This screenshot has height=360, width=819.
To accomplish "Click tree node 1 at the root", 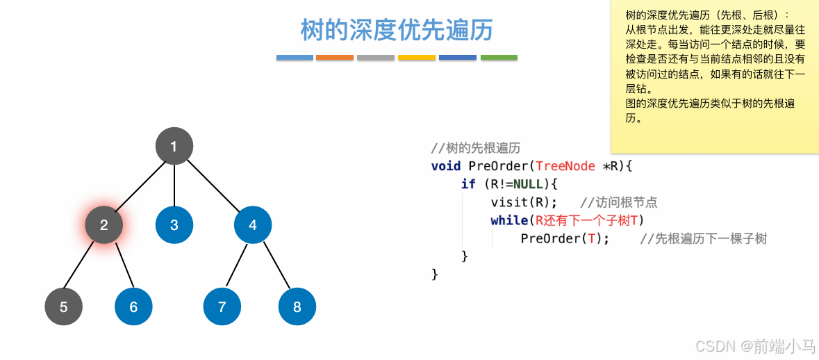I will tap(174, 146).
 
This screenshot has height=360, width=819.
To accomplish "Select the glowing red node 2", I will tap(104, 224).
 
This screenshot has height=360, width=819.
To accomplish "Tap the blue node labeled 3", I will tap(174, 224).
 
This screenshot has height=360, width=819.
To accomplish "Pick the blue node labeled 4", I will tap(253, 224).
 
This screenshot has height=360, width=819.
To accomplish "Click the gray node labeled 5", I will tap(63, 306).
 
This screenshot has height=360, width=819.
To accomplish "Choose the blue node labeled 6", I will tap(133, 306).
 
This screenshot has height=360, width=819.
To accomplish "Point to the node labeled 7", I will tap(222, 306).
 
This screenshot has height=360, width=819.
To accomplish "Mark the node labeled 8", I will tap(297, 306).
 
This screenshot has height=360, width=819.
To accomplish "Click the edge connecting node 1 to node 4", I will tap(213, 186).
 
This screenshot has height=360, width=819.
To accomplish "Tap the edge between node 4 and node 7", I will tap(238, 265).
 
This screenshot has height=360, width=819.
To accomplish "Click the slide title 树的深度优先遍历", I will tap(397, 30).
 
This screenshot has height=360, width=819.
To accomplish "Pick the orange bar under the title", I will tap(335, 58).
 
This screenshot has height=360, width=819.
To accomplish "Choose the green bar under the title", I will tap(499, 58).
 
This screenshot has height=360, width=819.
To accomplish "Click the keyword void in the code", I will tap(446, 166).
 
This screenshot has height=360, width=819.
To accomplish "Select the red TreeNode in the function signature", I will tap(565, 166).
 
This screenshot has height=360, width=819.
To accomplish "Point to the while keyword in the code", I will tap(508, 220).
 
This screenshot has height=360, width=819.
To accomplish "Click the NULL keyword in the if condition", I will tap(528, 184).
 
